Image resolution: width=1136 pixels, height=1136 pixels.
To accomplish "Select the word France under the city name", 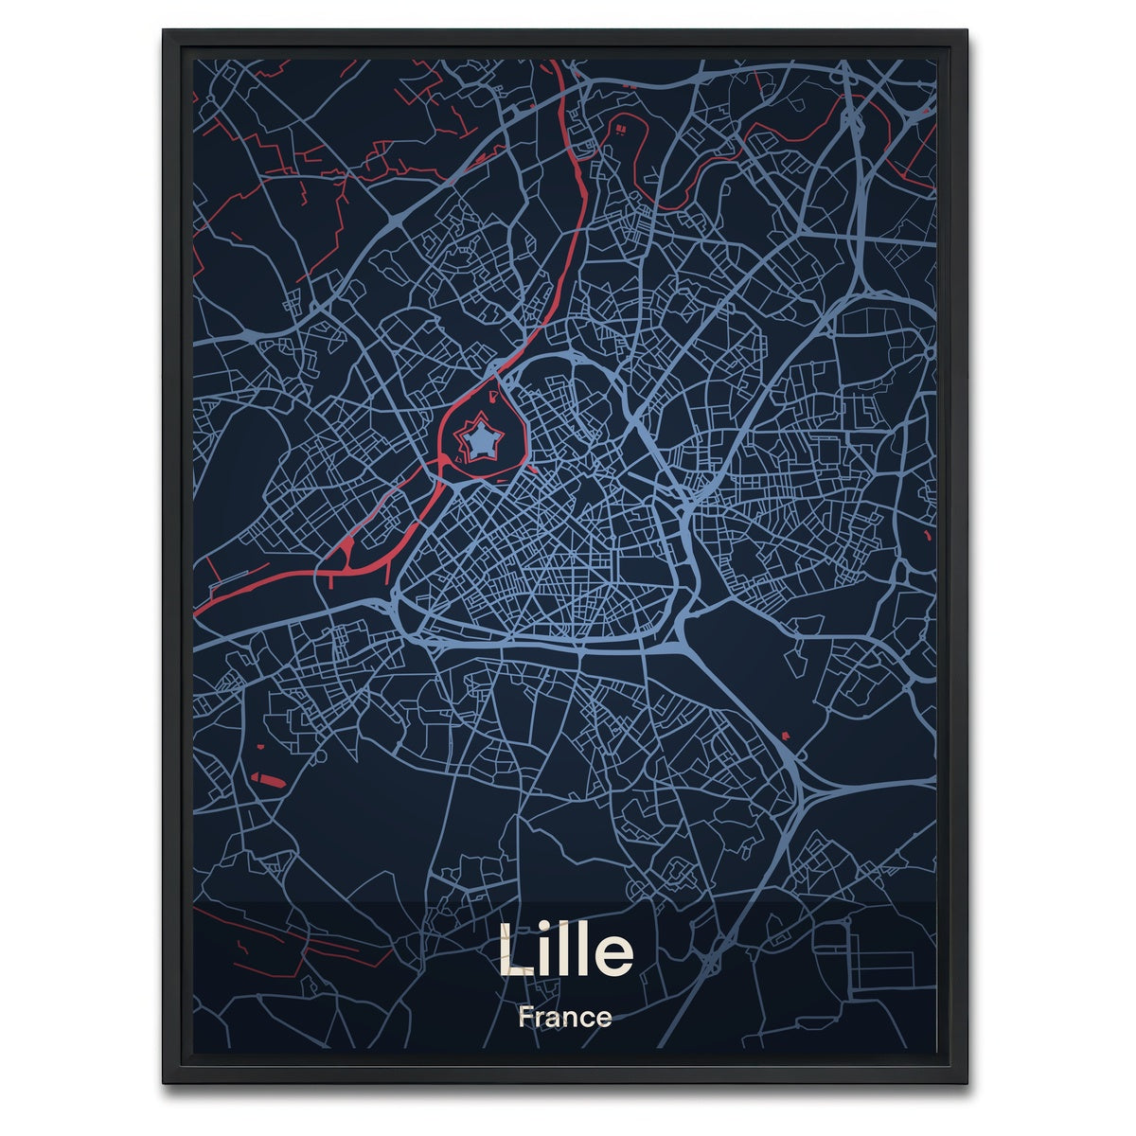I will click(x=565, y=1019).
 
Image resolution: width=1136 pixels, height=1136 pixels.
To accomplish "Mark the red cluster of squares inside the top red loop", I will click(x=621, y=127).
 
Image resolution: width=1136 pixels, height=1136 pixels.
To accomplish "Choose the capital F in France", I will click(x=525, y=1019).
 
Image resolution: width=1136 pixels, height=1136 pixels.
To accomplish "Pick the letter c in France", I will click(x=585, y=1021).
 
